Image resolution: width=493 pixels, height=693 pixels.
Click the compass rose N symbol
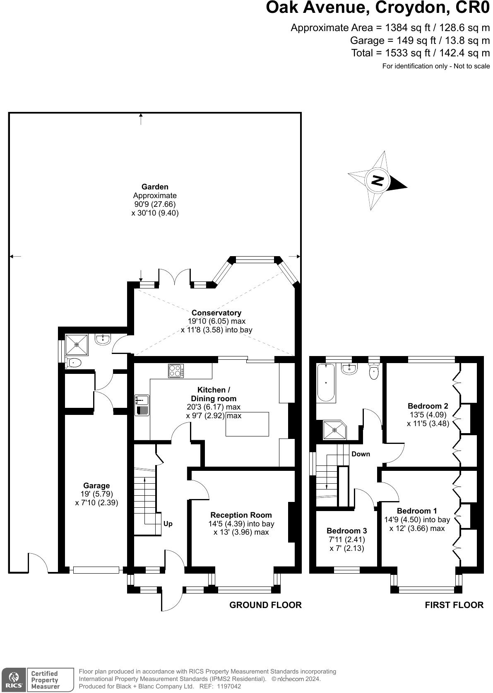[377, 181]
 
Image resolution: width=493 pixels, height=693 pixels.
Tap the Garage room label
[96, 485]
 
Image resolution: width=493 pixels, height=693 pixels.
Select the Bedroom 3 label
[346, 531]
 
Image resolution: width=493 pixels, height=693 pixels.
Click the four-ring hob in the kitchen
[176, 371]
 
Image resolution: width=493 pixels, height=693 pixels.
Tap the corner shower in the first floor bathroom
[334, 430]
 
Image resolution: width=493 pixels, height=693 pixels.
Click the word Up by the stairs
[168, 523]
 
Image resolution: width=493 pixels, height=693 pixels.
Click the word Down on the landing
[361, 454]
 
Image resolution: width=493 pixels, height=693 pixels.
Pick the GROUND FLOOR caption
[265, 605]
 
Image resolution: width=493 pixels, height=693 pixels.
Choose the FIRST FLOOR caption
[454, 605]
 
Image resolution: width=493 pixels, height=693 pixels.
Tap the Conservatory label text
[216, 313]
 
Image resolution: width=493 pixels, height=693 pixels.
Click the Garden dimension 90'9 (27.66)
[155, 204]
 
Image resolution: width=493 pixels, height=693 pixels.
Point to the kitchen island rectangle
[247, 424]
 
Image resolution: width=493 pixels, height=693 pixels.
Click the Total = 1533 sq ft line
[420, 53]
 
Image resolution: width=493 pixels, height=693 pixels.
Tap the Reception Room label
[241, 515]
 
